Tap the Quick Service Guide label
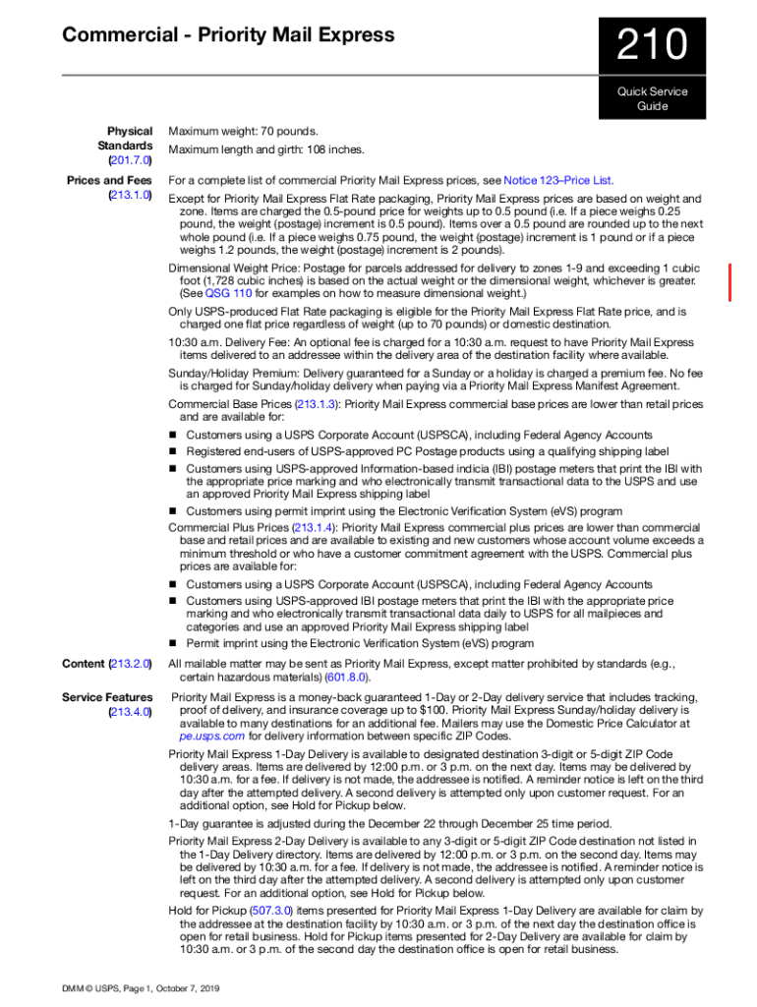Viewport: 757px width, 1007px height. pyautogui.click(x=652, y=98)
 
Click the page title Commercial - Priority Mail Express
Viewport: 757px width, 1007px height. pyautogui.click(x=228, y=35)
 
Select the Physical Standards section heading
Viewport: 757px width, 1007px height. pyautogui.click(x=130, y=138)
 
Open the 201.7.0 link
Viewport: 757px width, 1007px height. pyautogui.click(x=131, y=159)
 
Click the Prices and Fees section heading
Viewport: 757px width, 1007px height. pyautogui.click(x=109, y=181)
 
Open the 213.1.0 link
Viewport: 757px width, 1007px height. pyautogui.click(x=131, y=195)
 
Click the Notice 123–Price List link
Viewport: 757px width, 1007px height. pyautogui.click(x=557, y=181)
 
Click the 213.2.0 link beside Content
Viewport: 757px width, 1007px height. pyautogui.click(x=131, y=664)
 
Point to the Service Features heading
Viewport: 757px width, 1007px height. pyautogui.click(x=107, y=697)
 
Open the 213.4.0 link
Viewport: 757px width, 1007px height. pyautogui.click(x=131, y=711)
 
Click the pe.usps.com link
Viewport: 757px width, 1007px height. pyautogui.click(x=211, y=735)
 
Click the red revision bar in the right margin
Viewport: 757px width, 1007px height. pyautogui.click(x=729, y=282)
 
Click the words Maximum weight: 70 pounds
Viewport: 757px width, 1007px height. pyautogui.click(x=243, y=131)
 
